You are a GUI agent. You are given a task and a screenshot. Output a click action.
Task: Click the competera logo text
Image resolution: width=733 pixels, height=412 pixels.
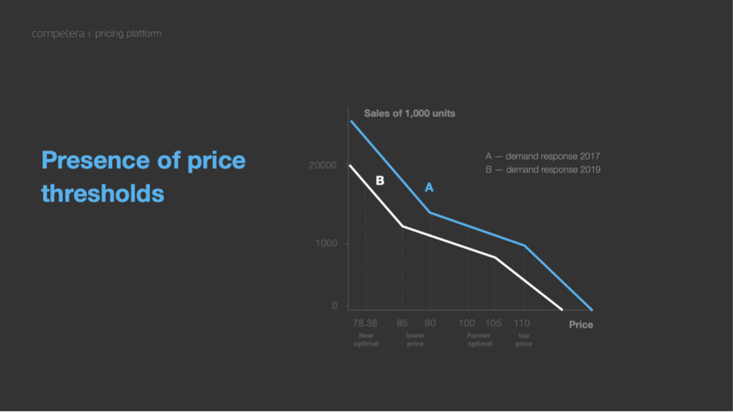click(x=58, y=34)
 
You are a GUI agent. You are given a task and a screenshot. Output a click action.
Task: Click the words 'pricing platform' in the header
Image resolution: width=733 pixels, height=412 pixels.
click(x=128, y=34)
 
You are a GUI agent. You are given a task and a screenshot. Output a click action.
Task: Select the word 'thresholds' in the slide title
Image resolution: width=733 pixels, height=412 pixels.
click(x=102, y=193)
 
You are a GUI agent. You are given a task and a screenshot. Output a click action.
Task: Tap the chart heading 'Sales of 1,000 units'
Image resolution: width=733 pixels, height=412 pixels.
click(x=409, y=113)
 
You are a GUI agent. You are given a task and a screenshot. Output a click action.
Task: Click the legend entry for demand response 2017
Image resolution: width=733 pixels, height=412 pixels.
click(x=542, y=157)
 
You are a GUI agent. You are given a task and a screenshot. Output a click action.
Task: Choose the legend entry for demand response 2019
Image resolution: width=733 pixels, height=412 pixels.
click(x=542, y=169)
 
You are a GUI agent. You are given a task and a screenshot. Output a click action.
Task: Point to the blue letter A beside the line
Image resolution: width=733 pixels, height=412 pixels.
click(x=429, y=187)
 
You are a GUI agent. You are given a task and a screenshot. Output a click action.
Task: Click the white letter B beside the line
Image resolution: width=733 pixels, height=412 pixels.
click(x=380, y=181)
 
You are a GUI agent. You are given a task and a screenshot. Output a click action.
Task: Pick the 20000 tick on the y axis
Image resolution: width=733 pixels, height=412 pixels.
click(x=323, y=166)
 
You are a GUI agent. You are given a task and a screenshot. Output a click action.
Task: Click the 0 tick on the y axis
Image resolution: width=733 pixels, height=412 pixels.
click(x=335, y=306)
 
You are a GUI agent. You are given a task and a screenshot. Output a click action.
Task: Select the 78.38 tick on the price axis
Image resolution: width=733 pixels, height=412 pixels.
click(x=365, y=324)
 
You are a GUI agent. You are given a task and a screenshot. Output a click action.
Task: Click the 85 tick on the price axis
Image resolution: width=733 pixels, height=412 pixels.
click(x=402, y=324)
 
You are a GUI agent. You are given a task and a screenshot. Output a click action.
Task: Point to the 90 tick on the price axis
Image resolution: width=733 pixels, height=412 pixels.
click(x=430, y=324)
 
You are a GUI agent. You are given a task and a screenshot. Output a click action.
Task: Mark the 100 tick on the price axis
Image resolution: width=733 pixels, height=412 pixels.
click(x=467, y=324)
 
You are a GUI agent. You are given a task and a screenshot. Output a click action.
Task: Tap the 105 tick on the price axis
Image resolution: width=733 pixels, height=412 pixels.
click(x=493, y=324)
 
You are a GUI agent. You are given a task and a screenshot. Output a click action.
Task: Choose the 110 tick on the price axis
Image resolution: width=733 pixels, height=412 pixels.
click(x=521, y=324)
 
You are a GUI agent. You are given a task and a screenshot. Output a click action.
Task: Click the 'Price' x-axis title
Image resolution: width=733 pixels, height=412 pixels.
click(x=581, y=325)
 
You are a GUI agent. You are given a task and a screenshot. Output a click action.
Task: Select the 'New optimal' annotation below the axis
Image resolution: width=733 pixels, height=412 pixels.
click(x=366, y=339)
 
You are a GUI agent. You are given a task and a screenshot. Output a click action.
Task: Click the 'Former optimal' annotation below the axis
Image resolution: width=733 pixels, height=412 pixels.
click(x=479, y=339)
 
